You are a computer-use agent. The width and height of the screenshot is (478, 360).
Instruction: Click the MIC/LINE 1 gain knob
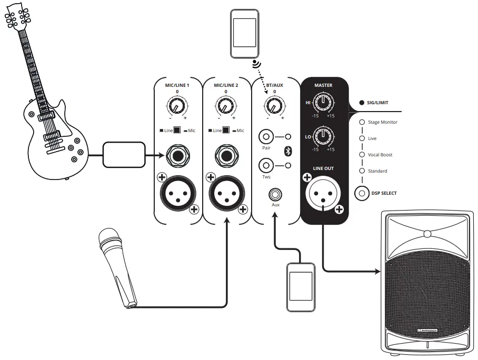coord(177,107)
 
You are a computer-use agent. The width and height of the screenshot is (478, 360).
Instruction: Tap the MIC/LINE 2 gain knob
coord(225,107)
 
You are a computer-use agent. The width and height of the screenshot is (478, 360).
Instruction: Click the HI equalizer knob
coord(322,102)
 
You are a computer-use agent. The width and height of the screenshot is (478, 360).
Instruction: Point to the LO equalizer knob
coord(322,138)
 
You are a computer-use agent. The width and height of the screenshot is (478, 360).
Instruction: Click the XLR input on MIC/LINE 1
coord(177,193)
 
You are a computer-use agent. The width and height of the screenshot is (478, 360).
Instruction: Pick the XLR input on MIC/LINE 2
coord(226,193)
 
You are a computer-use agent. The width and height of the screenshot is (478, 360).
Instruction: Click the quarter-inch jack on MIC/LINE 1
coord(177,155)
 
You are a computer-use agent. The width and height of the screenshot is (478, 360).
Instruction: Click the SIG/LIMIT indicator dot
coord(362,103)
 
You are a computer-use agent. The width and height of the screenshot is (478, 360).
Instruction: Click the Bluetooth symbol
coord(288,152)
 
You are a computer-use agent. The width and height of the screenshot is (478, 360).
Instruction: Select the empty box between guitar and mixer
coord(123,155)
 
